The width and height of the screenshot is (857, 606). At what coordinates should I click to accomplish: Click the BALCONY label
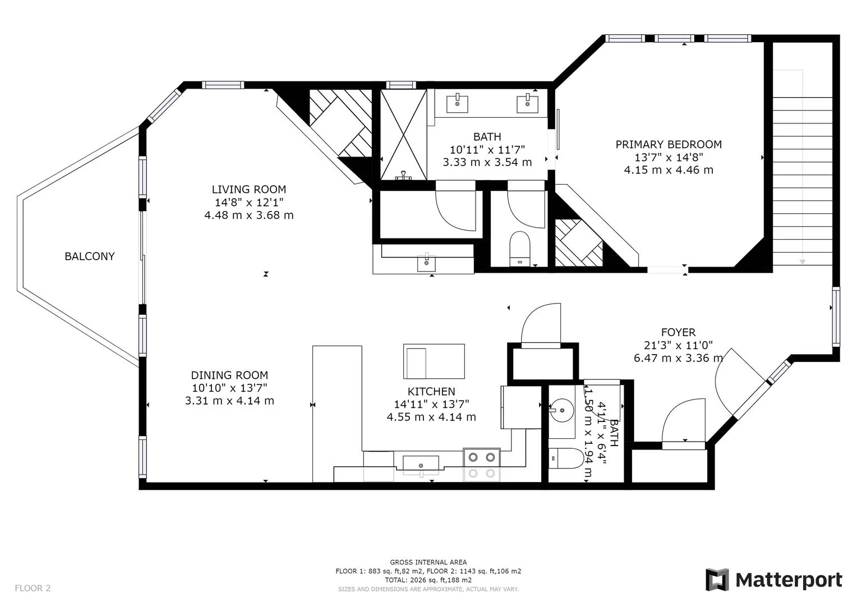(x=90, y=256)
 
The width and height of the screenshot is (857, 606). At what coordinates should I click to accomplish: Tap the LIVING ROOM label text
(x=249, y=189)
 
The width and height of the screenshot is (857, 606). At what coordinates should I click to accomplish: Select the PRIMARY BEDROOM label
(x=669, y=144)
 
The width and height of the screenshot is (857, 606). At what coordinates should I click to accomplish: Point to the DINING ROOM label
(x=229, y=375)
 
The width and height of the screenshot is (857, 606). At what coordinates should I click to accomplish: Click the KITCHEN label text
(x=431, y=391)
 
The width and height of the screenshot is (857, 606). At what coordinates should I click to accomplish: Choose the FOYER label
(x=678, y=332)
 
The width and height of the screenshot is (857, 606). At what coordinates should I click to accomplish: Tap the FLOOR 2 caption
(x=33, y=588)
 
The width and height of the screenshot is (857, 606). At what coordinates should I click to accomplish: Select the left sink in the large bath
(x=457, y=103)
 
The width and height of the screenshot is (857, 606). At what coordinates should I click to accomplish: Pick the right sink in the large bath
(x=527, y=103)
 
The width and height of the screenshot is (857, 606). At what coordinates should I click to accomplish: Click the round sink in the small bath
(x=562, y=410)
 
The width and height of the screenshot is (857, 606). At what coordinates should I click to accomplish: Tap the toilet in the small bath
(x=565, y=458)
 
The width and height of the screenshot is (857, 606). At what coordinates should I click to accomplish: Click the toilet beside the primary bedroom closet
(x=520, y=249)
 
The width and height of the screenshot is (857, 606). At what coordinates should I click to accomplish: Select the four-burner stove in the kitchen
(x=482, y=465)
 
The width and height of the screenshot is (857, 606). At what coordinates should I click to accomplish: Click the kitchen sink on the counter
(x=421, y=464)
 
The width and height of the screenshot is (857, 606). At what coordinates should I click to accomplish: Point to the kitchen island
(x=434, y=361)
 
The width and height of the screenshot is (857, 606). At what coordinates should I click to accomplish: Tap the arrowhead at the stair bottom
(x=803, y=262)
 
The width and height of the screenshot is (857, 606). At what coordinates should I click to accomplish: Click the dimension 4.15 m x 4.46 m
(x=669, y=170)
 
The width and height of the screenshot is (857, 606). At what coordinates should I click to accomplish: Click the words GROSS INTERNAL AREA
(x=428, y=562)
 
